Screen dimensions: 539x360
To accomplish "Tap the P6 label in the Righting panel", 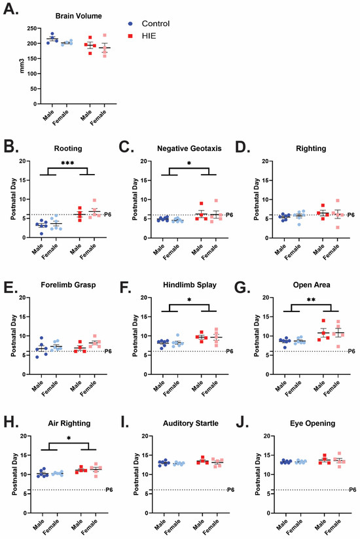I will [x=351, y=215].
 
